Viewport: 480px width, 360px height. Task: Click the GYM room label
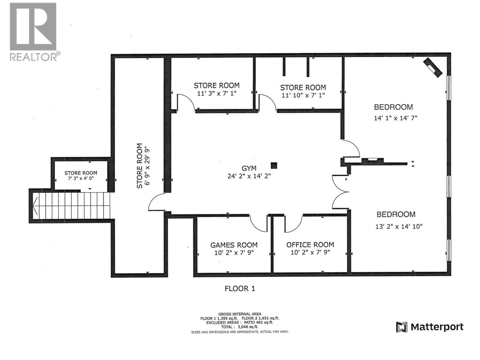click(249, 169)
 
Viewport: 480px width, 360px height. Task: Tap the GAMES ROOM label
click(234, 245)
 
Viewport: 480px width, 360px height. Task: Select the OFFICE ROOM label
click(310, 245)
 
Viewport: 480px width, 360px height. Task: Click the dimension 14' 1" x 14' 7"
click(395, 118)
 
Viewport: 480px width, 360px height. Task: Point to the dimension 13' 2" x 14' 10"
click(399, 226)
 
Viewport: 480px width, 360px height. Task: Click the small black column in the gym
click(274, 165)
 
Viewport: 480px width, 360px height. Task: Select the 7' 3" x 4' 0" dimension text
click(81, 178)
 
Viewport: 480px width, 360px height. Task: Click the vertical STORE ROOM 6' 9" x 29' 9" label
click(143, 166)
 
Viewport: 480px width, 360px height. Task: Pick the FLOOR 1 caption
click(240, 289)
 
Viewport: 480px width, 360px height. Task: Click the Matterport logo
click(430, 327)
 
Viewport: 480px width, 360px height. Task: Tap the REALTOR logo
click(33, 31)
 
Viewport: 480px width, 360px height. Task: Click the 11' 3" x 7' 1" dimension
click(217, 93)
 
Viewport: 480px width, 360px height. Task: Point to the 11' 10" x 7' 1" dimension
click(303, 95)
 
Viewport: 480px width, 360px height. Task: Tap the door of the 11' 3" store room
click(184, 102)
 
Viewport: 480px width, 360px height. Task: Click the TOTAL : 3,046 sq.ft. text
click(240, 327)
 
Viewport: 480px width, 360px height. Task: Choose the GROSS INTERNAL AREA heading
click(240, 314)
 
